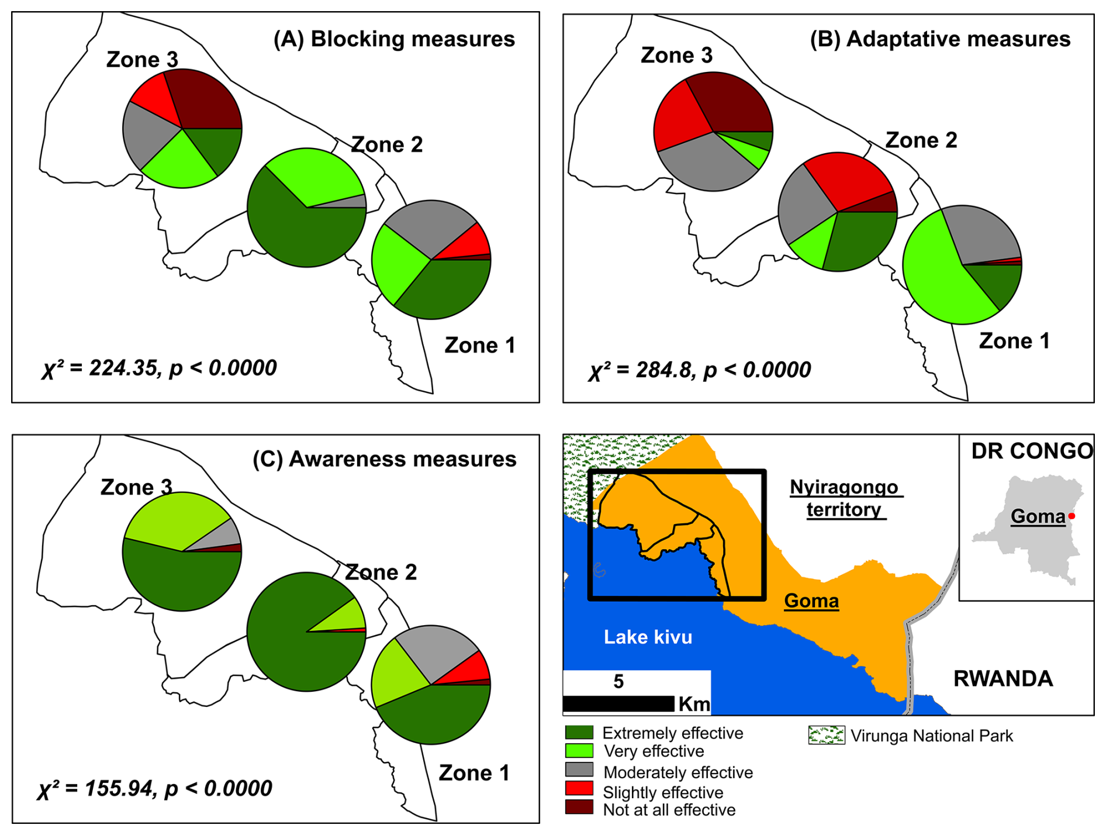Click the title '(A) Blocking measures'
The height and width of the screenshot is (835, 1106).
[394, 39]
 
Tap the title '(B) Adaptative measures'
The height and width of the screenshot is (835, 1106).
[940, 39]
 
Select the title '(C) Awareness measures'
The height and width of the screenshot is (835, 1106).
[384, 460]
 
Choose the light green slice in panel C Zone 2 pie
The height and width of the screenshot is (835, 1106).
[347, 617]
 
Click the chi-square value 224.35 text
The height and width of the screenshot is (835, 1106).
[123, 368]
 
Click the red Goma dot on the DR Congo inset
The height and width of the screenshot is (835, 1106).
[1072, 516]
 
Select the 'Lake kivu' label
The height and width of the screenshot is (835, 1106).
[648, 637]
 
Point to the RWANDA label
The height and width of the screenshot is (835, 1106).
[1003, 679]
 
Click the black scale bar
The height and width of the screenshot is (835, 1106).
[618, 703]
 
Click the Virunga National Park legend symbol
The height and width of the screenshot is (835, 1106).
[826, 736]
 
